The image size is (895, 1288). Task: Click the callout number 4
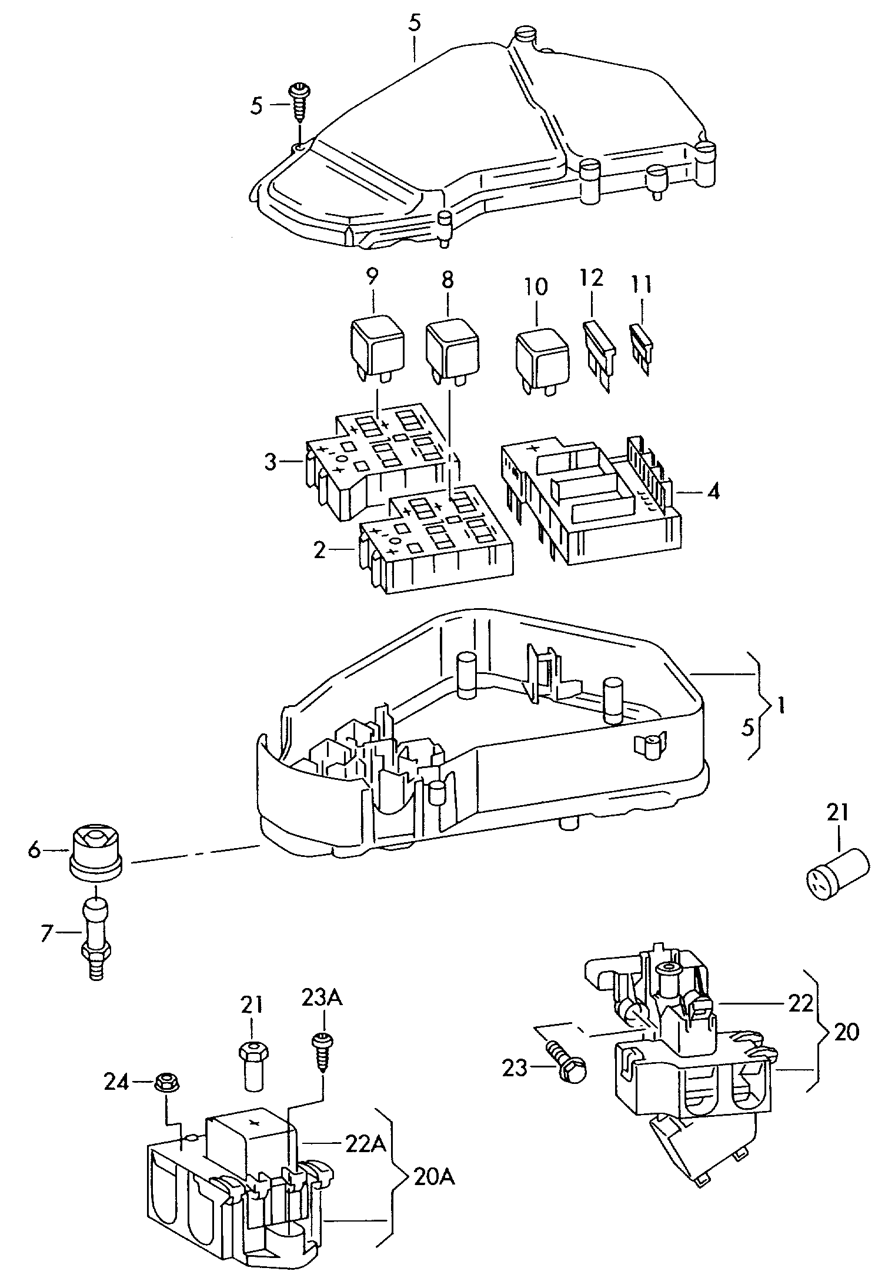[713, 490]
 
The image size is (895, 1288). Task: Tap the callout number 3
[270, 462]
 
